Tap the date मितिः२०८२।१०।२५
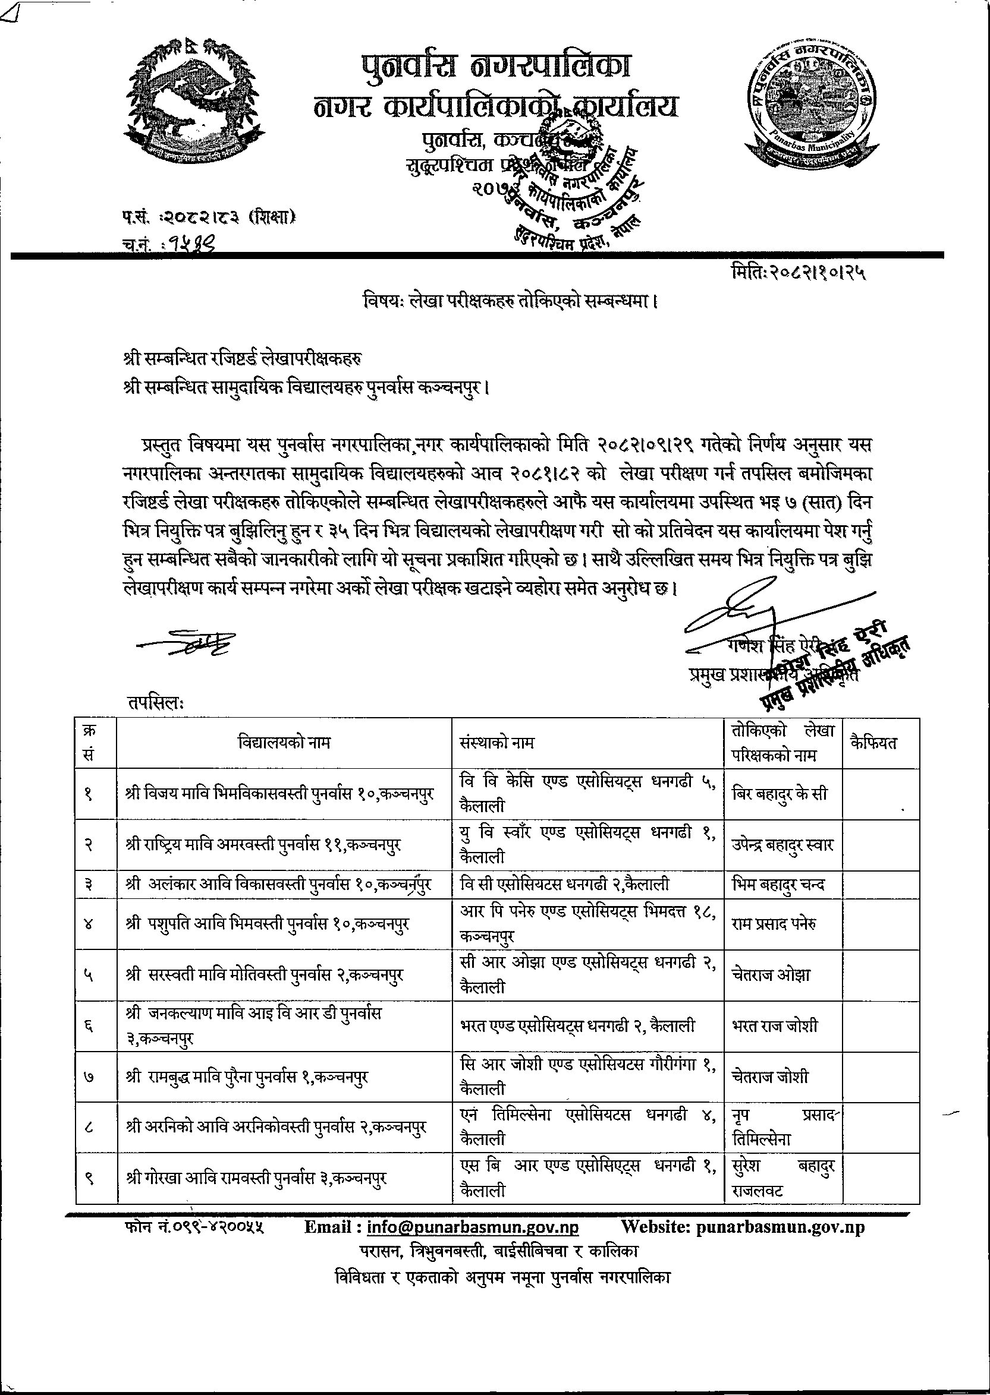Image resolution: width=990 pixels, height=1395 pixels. point(798,274)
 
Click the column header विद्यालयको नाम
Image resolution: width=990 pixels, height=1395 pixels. point(284,743)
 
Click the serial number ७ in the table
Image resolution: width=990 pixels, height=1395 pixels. point(89,1078)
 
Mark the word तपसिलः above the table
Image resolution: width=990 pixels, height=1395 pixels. point(155,702)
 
